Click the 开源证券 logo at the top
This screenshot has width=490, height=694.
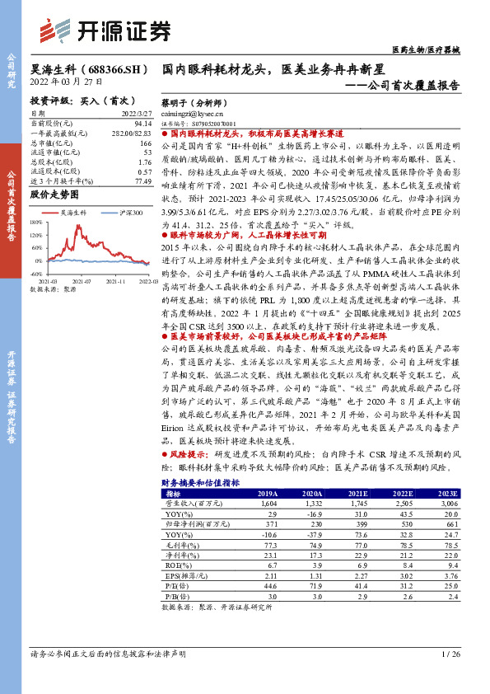[106, 30]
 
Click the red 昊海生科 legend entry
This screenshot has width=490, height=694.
[72, 212]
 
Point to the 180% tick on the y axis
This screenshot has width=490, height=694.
[35, 222]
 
